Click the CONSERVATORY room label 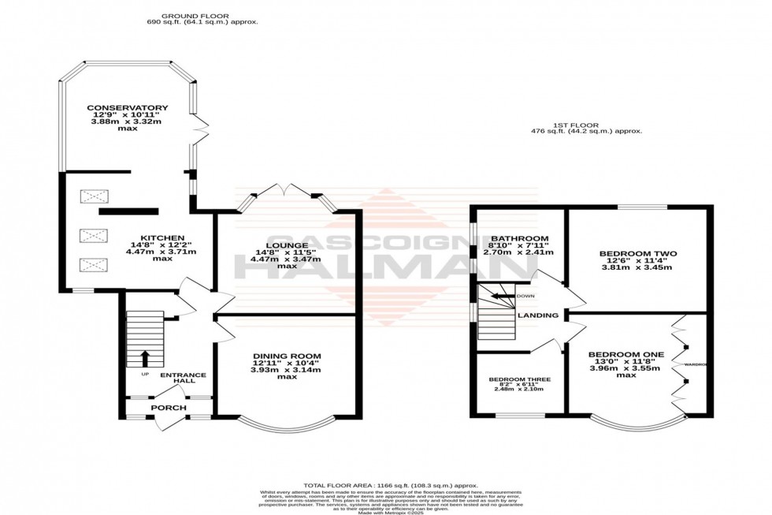click(117, 107)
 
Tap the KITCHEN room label click(162, 237)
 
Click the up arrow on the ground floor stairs click(145, 357)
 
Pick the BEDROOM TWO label click(638, 254)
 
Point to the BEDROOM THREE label click(519, 379)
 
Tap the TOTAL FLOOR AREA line click(391, 485)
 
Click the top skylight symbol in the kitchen click(91, 195)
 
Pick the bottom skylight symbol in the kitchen click(91, 266)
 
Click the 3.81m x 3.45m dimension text click(638, 267)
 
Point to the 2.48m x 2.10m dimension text click(519, 389)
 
